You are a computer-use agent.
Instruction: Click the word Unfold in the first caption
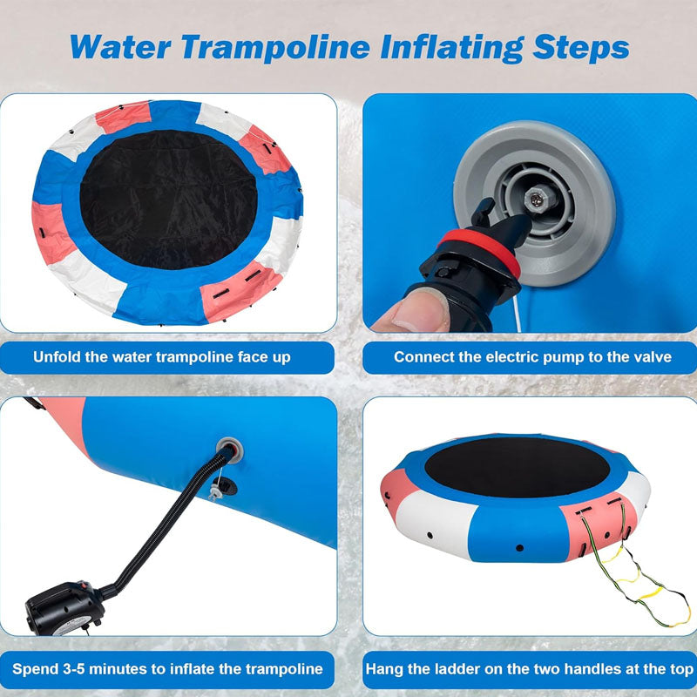pos(59,357)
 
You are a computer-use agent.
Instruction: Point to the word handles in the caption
pos(590,670)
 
